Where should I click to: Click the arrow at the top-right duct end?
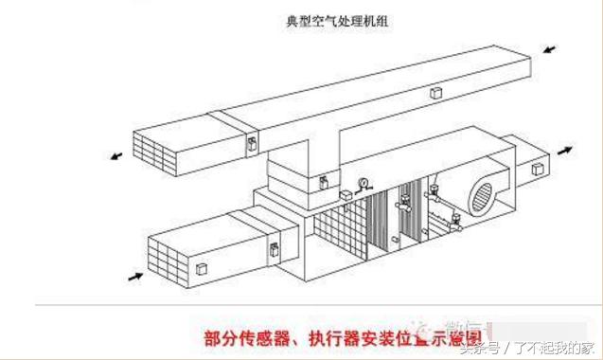click(x=550, y=46)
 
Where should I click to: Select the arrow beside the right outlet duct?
click(x=566, y=150)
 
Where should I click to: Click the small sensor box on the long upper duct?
click(x=436, y=93)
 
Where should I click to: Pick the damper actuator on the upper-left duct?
click(x=252, y=144)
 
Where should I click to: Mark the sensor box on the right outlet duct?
click(x=537, y=171)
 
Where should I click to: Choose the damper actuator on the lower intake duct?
click(x=274, y=251)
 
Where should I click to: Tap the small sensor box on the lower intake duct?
click(x=202, y=271)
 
